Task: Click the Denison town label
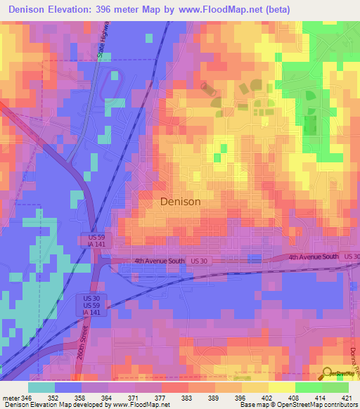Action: point(181,201)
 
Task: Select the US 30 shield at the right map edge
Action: point(351,257)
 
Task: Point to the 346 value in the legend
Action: point(27,397)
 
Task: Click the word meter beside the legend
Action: point(9,397)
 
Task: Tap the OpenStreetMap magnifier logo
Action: point(328,373)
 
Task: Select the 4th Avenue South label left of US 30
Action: point(160,261)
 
